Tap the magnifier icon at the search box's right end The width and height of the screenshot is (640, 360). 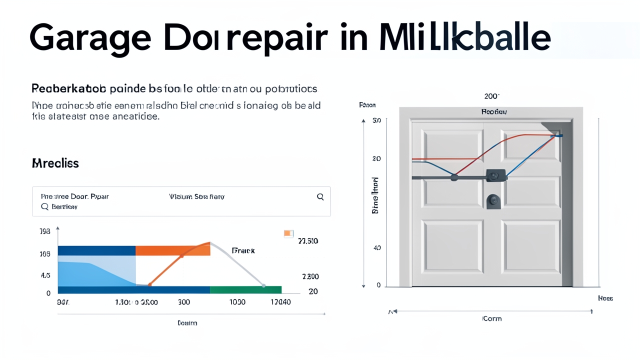[x=320, y=197]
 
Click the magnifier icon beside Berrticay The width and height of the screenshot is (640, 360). [x=44, y=206]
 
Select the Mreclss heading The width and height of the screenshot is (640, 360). [x=55, y=163]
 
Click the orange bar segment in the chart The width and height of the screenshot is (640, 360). [x=172, y=250]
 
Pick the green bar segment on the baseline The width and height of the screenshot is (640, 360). [x=245, y=289]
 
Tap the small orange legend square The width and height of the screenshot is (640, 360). [x=288, y=233]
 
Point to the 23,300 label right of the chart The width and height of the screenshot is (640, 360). [x=308, y=241]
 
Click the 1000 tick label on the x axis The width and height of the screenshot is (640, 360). [x=237, y=302]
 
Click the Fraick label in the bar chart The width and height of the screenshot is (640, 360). [x=243, y=250]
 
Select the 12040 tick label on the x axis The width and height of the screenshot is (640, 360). [x=280, y=302]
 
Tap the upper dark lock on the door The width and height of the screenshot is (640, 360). [x=495, y=175]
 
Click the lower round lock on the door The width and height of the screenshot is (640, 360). [x=493, y=201]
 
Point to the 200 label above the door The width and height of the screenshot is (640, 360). [x=492, y=96]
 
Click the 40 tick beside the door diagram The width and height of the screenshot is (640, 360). [x=377, y=247]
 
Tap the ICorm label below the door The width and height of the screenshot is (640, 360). [x=492, y=318]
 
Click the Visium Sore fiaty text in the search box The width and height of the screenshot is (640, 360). [x=196, y=197]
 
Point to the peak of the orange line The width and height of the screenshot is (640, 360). [x=209, y=243]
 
